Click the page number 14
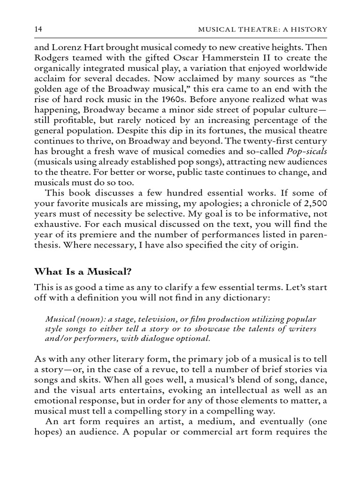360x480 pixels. tap(39, 30)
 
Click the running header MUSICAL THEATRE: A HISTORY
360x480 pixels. tap(263, 30)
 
